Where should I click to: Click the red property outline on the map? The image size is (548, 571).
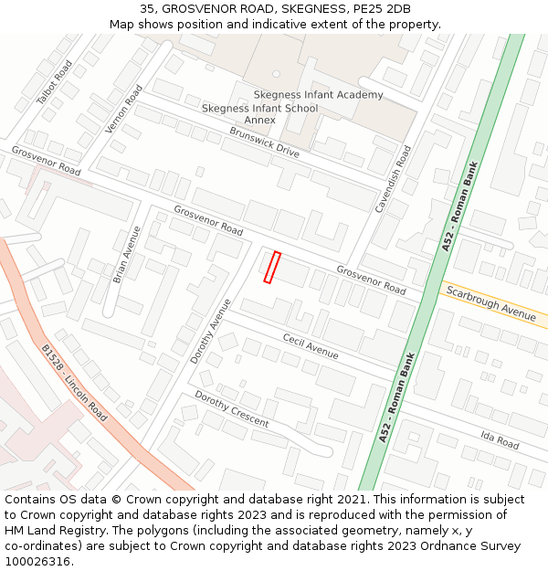click(x=271, y=267)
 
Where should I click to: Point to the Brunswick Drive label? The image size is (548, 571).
click(x=264, y=142)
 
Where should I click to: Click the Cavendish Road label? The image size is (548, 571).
click(x=394, y=179)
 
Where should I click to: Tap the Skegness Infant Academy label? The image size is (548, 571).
click(x=318, y=95)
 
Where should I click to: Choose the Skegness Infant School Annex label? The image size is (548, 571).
click(x=260, y=114)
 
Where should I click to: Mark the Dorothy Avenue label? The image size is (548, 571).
click(x=211, y=324)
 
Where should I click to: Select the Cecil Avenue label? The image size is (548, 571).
click(x=310, y=346)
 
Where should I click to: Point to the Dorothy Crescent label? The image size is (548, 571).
click(x=231, y=409)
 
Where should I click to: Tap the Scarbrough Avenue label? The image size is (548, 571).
click(x=490, y=301)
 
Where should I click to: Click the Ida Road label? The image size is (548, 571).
click(x=499, y=440)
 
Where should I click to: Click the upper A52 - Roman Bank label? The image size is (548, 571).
click(x=460, y=206)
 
